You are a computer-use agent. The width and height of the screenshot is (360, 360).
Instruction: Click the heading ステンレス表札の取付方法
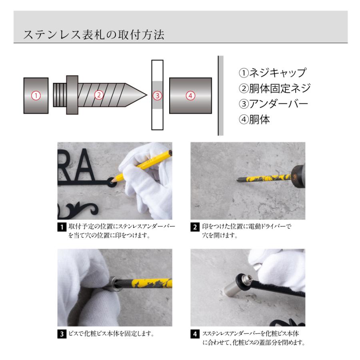pyautogui.click(x=94, y=35)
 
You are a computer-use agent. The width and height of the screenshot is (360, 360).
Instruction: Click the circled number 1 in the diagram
pyautogui.click(x=36, y=95)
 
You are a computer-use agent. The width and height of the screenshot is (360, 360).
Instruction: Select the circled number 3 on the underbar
pyautogui.click(x=158, y=96)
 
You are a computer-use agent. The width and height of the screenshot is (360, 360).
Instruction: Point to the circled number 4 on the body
pyautogui.click(x=190, y=95)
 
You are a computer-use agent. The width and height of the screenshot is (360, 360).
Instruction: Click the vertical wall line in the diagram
pyautogui.click(x=218, y=95)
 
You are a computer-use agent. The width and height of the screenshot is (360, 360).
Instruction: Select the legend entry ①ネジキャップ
pyautogui.click(x=272, y=73)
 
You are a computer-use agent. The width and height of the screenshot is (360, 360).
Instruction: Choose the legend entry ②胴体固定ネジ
pyautogui.click(x=274, y=88)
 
